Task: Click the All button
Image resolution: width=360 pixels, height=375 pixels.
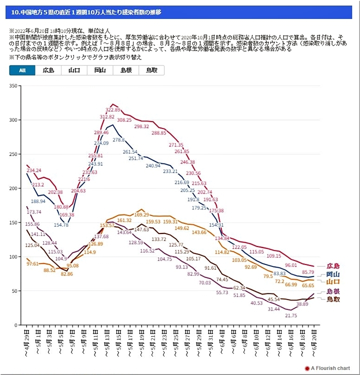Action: (x=22, y=70)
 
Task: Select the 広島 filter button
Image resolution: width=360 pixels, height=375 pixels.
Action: (x=48, y=70)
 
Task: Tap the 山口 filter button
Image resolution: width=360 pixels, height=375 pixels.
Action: (x=74, y=70)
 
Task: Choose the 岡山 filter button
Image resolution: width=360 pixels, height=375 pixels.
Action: (x=99, y=70)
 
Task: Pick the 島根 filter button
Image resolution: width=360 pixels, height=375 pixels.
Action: (x=125, y=70)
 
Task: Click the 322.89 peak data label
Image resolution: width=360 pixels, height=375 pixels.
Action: (x=113, y=109)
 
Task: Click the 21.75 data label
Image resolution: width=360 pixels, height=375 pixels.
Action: (x=291, y=315)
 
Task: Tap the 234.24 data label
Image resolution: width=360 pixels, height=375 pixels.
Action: (x=34, y=170)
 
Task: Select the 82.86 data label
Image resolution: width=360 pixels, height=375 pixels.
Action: (x=66, y=274)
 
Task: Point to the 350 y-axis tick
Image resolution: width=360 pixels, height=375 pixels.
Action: (x=13, y=86)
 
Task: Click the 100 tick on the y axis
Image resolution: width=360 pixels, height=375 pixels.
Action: (x=13, y=256)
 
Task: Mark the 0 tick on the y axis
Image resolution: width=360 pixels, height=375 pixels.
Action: (x=16, y=325)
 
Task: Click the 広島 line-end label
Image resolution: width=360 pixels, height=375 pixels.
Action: (x=332, y=266)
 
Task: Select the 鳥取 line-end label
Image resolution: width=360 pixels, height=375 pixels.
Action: (x=332, y=299)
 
